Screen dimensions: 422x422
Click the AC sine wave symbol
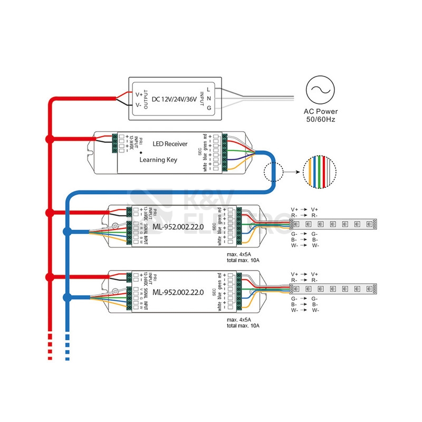click(x=320, y=91)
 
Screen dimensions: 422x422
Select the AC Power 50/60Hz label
click(x=321, y=116)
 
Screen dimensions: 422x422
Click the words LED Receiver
click(x=170, y=143)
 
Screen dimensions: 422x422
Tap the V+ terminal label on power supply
click(x=139, y=94)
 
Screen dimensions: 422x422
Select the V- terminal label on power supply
click(x=139, y=105)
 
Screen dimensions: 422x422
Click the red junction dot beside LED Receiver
click(x=50, y=139)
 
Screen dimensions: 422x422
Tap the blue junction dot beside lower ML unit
click(x=67, y=296)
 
